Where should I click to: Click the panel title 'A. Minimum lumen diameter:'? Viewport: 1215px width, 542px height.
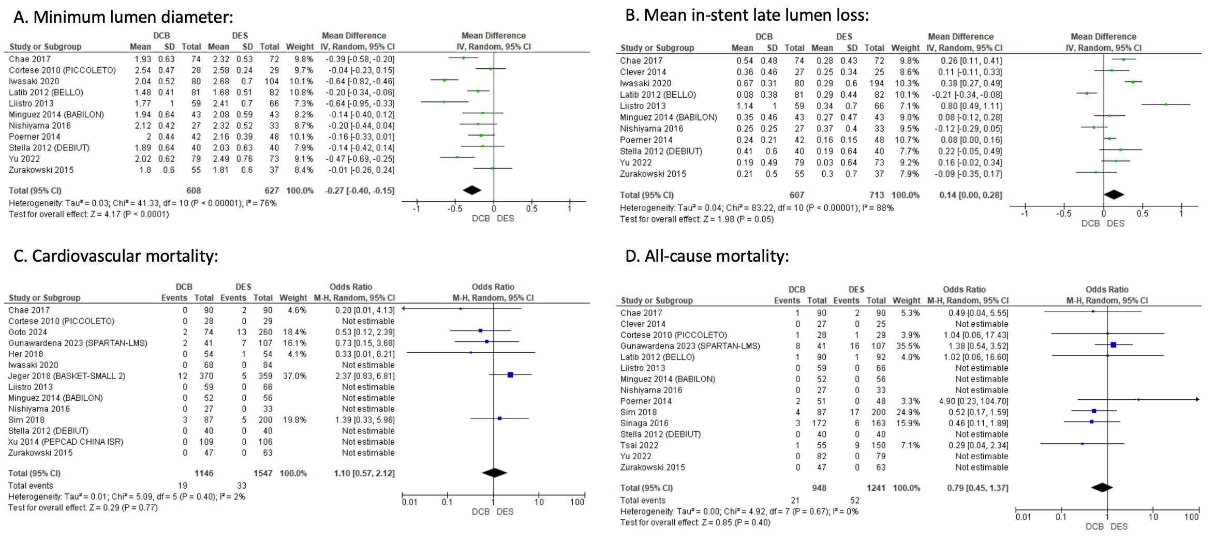coord(123,17)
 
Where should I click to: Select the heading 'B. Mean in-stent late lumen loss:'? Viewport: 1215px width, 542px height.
coord(747,16)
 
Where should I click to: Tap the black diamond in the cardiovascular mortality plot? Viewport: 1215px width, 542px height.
coord(494,473)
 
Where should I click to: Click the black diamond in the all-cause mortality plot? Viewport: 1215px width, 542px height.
coord(1102,487)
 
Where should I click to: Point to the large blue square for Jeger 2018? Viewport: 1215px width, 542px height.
coord(510,375)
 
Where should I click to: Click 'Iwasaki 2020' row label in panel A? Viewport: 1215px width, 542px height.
coord(34,81)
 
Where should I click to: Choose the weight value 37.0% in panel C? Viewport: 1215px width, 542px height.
coord(294,376)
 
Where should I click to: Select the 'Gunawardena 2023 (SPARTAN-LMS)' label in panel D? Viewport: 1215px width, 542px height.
coord(690,346)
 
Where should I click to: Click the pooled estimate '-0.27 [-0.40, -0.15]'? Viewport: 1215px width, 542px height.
coord(359,190)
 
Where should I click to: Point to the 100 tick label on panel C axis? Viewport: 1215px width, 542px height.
coord(577,502)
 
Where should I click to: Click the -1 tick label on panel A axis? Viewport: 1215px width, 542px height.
coord(416,208)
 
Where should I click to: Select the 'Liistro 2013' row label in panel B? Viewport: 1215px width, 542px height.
coord(643,106)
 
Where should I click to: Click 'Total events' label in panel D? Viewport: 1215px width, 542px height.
coord(643,500)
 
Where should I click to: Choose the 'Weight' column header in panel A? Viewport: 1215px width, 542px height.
coord(300,47)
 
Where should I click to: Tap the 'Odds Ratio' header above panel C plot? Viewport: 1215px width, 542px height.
coord(493,287)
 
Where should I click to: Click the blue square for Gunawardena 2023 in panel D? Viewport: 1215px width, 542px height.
coord(1113,344)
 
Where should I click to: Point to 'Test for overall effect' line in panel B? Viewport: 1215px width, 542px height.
coord(697,219)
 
